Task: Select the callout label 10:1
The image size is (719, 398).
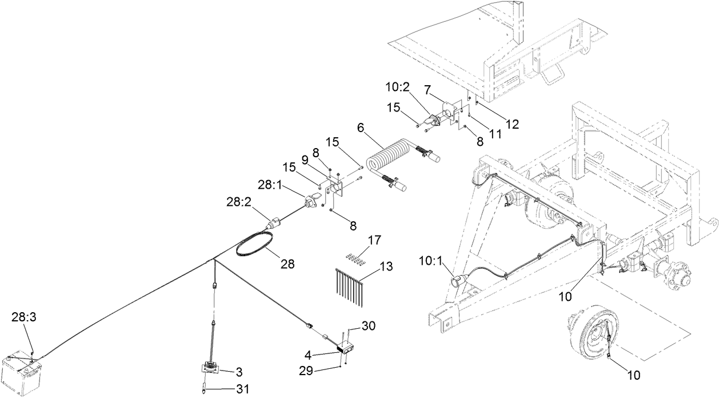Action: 430,264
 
